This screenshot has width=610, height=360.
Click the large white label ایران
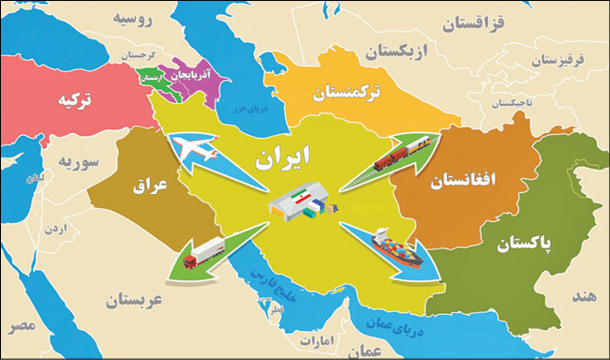(x=284, y=156)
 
